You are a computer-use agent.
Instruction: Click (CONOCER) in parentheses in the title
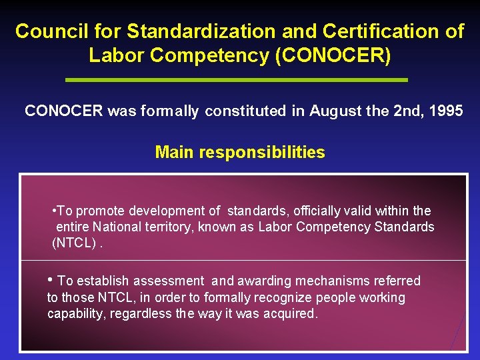[333, 55]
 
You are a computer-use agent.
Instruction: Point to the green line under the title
[237, 80]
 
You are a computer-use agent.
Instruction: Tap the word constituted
[246, 111]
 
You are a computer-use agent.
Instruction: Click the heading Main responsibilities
[240, 153]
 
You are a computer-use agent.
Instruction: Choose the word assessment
[169, 281]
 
